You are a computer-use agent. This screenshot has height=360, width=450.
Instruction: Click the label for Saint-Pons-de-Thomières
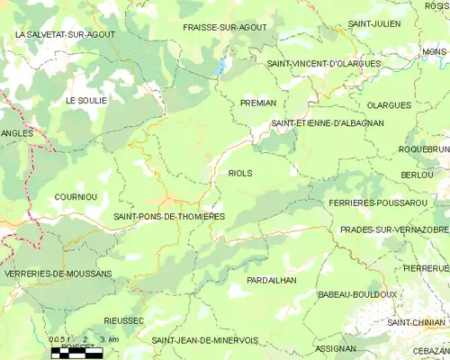point(169,217)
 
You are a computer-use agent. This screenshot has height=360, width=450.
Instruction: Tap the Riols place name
point(240,173)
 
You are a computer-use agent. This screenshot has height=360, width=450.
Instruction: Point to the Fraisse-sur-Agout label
point(224,27)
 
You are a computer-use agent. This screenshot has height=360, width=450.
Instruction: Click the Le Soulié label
point(85,100)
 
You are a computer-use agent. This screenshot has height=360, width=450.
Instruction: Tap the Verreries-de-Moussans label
point(58,273)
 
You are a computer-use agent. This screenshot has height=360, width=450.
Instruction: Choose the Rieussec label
point(124,319)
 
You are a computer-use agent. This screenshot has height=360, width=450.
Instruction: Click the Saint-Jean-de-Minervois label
point(204,340)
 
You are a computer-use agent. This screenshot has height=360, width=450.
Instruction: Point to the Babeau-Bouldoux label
point(357,294)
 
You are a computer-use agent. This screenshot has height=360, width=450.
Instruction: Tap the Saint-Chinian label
point(416,321)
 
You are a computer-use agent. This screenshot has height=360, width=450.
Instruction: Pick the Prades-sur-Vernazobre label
point(394,230)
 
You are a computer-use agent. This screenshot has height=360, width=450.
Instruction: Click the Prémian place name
point(258,103)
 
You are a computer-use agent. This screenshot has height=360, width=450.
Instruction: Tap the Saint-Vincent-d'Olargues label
point(323,64)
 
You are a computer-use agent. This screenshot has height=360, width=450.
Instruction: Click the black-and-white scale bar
point(76,353)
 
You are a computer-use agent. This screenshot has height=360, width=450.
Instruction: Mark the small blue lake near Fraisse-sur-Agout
point(220,66)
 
